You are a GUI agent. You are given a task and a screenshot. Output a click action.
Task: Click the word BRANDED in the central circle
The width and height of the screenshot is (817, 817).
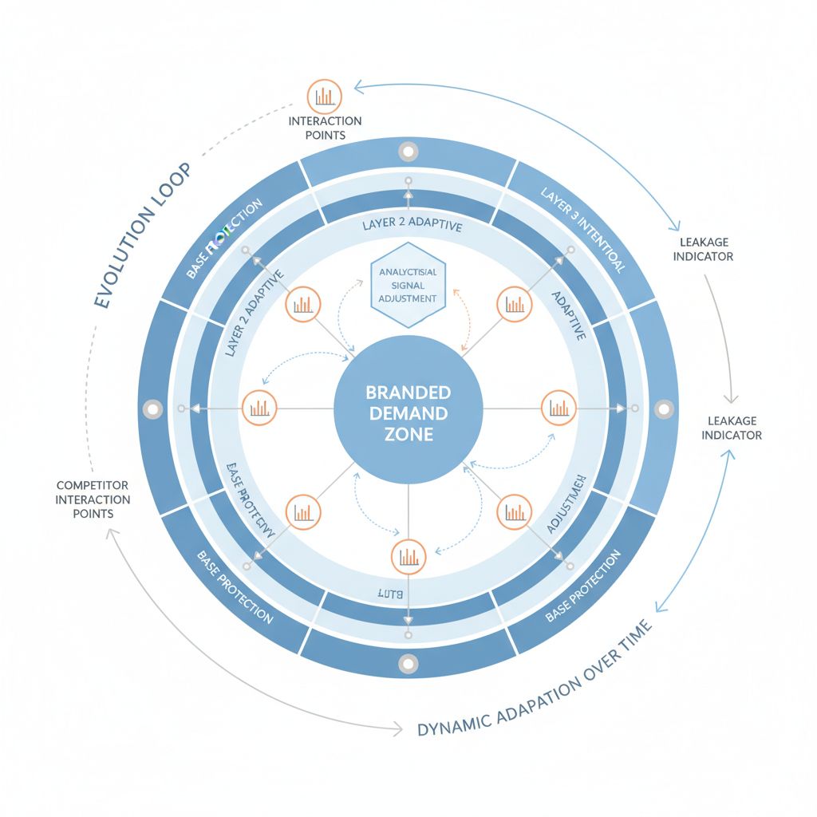pos(408,393)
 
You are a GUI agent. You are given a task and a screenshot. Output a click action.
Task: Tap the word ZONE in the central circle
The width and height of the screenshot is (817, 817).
pos(408,435)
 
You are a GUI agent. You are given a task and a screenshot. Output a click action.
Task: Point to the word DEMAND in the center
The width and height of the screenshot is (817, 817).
pos(408,413)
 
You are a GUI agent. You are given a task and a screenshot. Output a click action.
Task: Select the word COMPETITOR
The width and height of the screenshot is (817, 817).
pos(93,485)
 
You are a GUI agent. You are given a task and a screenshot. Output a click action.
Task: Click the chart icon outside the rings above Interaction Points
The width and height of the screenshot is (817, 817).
pos(324,96)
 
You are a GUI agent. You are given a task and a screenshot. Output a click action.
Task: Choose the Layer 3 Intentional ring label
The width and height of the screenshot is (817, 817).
pos(582,230)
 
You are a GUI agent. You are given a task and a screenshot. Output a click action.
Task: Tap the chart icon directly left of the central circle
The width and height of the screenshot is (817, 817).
pos(259,408)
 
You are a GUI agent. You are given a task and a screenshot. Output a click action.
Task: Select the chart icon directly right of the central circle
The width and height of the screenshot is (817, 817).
pos(558,408)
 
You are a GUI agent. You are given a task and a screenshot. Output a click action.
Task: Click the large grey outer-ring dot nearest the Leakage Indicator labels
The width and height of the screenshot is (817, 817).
pos(664,408)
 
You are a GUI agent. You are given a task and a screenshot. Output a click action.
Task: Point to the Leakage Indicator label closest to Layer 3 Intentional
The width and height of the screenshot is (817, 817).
pos(703,249)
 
